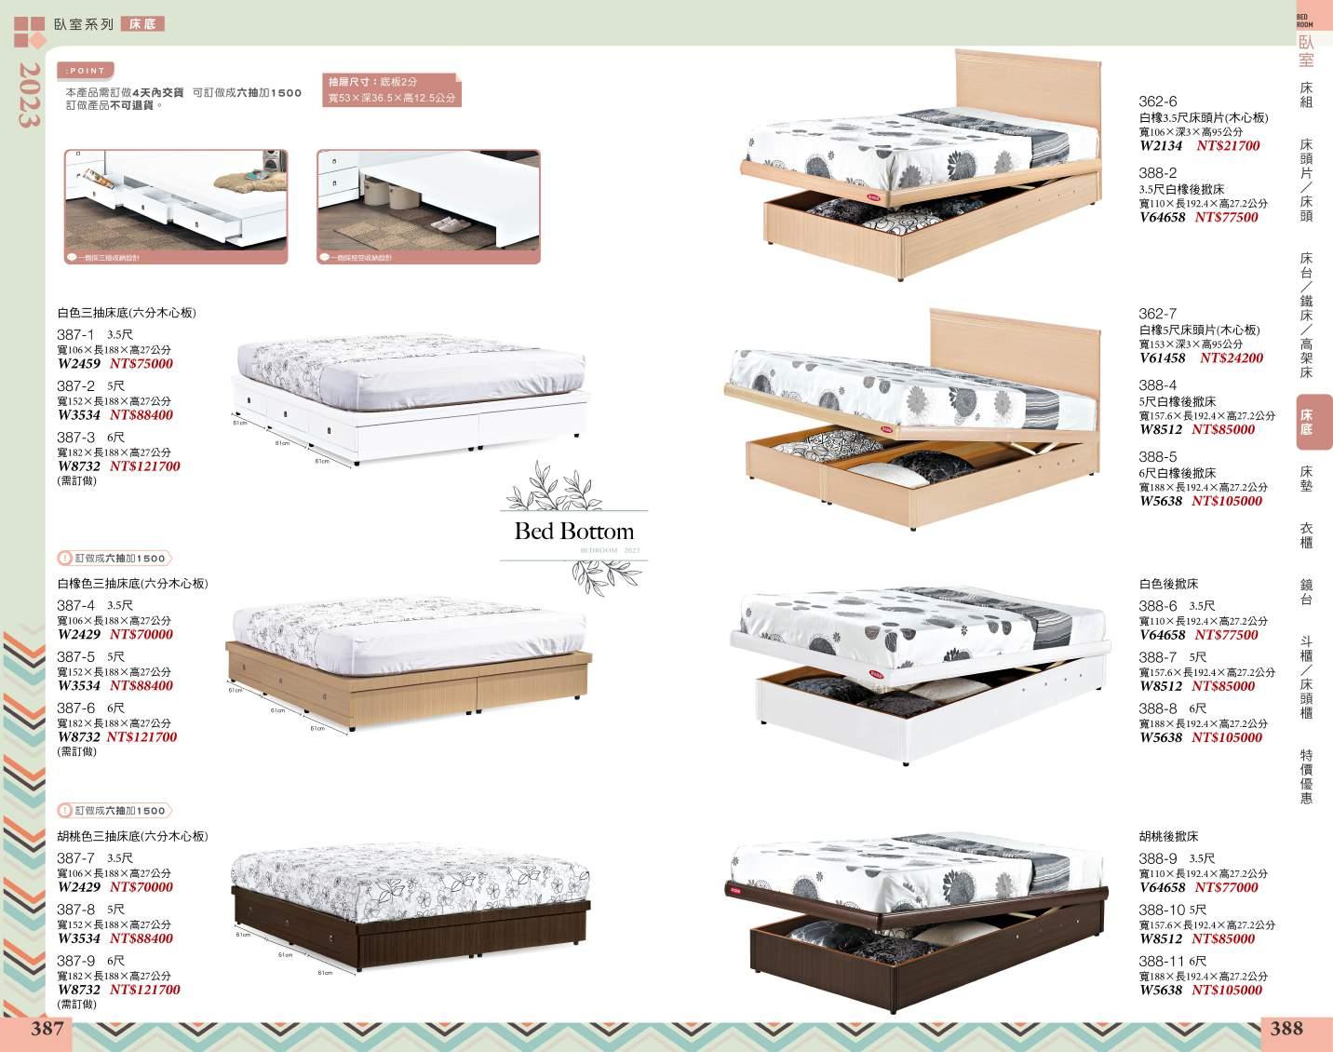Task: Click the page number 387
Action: [x=47, y=1028]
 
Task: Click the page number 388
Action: [x=1286, y=1028]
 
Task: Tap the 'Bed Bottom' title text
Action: [x=573, y=532]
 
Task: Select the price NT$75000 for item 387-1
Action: [x=141, y=364]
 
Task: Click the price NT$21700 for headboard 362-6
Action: [x=1228, y=146]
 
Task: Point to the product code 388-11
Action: [x=1161, y=961]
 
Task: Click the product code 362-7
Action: [x=1158, y=314]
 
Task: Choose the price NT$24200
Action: [x=1231, y=358]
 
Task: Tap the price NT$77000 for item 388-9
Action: [x=1226, y=888]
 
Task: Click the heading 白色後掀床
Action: [x=1168, y=585]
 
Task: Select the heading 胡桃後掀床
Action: [x=1168, y=837]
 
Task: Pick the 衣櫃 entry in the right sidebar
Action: [x=1306, y=535]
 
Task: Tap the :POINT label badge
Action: [x=86, y=71]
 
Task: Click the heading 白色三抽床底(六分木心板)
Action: [x=127, y=314]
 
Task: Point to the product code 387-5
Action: [x=76, y=656]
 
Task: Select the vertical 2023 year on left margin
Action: [x=28, y=96]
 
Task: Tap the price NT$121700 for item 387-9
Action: [x=144, y=991]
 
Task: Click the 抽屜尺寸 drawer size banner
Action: [x=391, y=89]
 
